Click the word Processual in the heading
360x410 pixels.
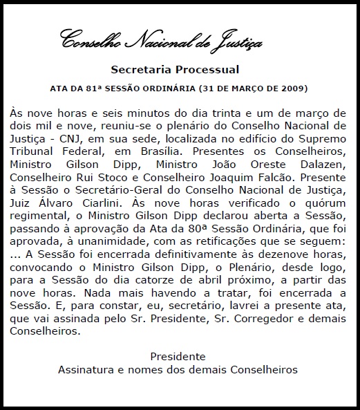coord(210,70)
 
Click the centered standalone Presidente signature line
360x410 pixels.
coord(178,356)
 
